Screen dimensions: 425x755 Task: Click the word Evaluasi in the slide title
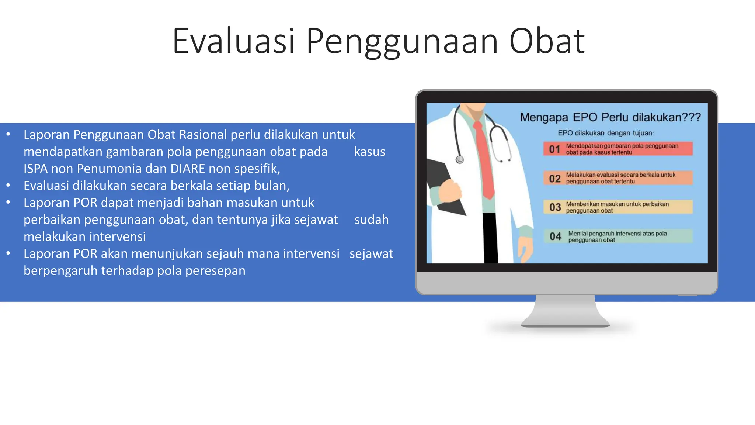pos(234,41)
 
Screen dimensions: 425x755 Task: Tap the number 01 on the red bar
pos(554,149)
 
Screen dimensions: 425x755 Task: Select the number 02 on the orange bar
pos(554,179)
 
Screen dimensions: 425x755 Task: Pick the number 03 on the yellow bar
pos(555,207)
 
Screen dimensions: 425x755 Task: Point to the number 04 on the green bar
pos(555,236)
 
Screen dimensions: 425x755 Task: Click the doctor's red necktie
pos(484,159)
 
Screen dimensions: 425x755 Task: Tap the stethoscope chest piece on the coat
pos(460,160)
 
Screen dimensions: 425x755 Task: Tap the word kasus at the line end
pos(369,152)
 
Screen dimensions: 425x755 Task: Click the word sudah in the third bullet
pos(371,220)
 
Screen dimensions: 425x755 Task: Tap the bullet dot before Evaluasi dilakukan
pos(8,186)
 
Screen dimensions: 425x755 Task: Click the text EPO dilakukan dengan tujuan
pos(605,133)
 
